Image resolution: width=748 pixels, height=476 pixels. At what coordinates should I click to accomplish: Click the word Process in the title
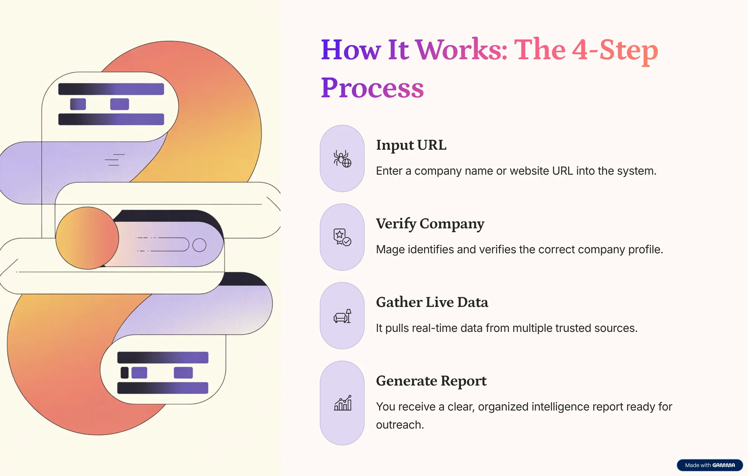point(372,88)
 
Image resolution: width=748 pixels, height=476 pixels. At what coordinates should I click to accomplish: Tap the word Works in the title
point(462,50)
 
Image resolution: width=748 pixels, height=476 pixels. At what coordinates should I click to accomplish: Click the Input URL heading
point(411,145)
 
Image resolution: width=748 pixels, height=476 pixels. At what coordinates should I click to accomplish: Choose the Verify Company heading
point(430,224)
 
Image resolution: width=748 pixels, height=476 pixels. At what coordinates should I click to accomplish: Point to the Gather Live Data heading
point(432,302)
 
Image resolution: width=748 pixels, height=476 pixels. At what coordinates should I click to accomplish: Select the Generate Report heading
point(431,381)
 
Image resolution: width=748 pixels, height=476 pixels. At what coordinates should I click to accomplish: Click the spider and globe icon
point(342,159)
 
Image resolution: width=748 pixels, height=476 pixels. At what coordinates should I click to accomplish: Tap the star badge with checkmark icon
point(342,237)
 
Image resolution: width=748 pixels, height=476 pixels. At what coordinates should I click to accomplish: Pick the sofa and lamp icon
point(342,316)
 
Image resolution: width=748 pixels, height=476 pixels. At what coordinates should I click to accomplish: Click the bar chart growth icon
point(343,403)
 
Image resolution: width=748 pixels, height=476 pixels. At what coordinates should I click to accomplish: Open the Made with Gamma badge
point(710,465)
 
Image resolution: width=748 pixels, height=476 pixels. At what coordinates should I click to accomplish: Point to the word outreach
point(400,425)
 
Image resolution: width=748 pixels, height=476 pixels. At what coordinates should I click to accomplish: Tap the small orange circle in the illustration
point(87,238)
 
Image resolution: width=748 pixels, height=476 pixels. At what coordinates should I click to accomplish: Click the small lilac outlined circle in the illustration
point(199,245)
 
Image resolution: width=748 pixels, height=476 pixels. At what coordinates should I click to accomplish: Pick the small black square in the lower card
point(125,373)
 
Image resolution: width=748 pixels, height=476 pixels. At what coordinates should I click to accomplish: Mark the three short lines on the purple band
point(115,160)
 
